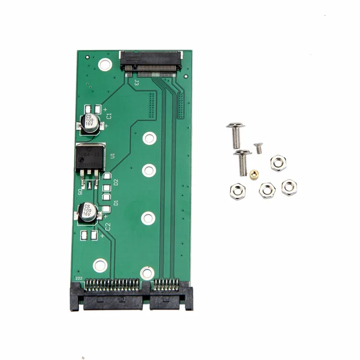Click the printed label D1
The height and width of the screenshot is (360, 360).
[116, 203]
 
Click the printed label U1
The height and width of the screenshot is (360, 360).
[112, 156]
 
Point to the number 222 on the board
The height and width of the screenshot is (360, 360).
[79, 278]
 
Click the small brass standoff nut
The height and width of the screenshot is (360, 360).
[254, 175]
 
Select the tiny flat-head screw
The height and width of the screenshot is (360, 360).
[258, 148]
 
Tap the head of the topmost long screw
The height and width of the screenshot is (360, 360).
[236, 128]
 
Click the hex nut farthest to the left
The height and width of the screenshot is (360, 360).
[237, 191]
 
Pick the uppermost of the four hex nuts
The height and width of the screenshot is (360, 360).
[278, 163]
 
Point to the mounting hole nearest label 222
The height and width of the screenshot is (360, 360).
[100, 265]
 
